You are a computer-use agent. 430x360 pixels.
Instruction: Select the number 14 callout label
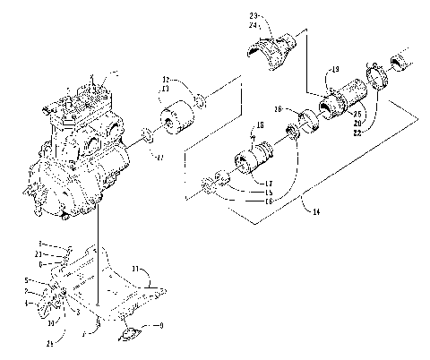click(312, 211)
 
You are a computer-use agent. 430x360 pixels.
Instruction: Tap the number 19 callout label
click(334, 70)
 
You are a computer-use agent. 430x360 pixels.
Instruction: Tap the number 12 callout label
click(165, 80)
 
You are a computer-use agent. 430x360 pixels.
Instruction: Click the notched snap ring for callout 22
click(376, 75)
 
